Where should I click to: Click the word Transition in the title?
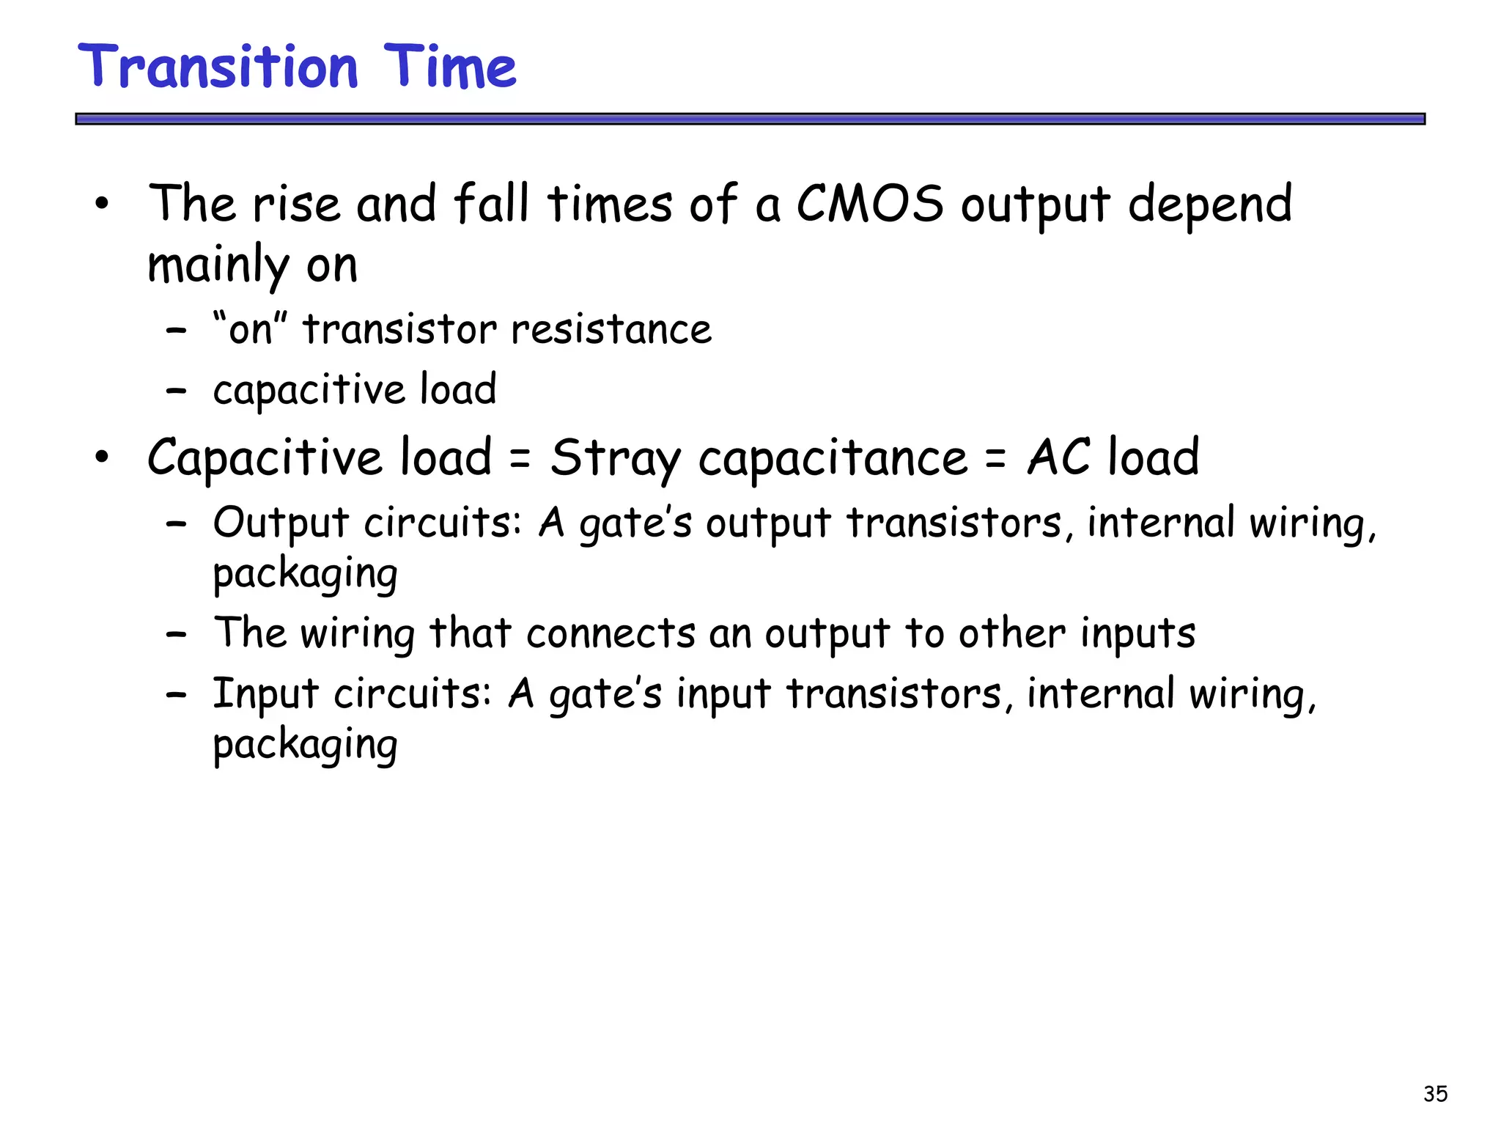(x=218, y=67)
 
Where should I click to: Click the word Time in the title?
(x=449, y=67)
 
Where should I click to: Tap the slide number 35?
(x=1435, y=1094)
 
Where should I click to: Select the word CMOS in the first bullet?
(x=870, y=204)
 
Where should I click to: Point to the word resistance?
(x=611, y=329)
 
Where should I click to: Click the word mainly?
(x=218, y=265)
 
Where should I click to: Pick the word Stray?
(x=616, y=459)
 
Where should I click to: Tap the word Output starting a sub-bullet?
(x=281, y=524)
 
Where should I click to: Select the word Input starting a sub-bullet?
(x=265, y=694)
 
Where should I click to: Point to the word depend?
(x=1209, y=205)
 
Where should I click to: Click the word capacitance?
(x=833, y=459)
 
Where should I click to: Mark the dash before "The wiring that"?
(x=176, y=634)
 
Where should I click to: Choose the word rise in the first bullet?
(x=296, y=204)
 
